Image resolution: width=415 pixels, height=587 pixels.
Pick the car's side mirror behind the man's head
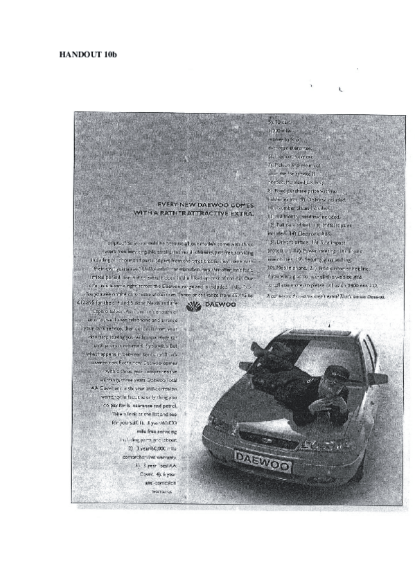point(378,378)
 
